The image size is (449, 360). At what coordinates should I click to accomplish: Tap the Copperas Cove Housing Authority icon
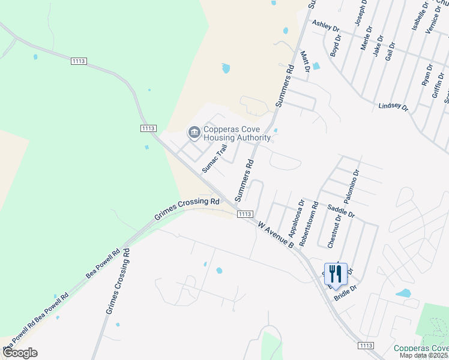[194, 132]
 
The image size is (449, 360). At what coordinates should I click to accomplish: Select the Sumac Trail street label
[215, 158]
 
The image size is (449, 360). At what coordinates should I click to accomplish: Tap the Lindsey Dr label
[393, 107]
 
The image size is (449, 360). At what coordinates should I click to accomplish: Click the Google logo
[20, 353]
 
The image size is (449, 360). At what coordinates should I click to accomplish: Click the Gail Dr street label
[391, 51]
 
